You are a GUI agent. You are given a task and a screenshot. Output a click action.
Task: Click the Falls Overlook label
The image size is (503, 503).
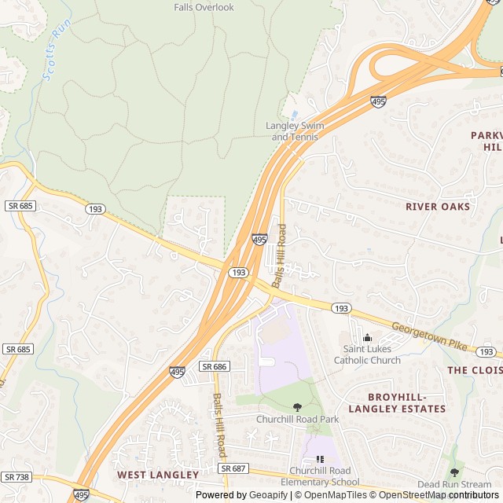[204, 7]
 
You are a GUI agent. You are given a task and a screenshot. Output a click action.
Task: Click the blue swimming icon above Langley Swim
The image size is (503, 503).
[295, 115]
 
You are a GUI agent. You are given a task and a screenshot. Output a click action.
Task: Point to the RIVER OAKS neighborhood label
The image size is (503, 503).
[438, 207]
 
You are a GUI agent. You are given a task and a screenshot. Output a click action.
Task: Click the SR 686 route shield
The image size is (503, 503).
[214, 366]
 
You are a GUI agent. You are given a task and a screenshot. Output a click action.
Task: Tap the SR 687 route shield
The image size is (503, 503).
[233, 468]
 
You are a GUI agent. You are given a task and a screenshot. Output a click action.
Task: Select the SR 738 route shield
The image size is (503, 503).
[17, 477]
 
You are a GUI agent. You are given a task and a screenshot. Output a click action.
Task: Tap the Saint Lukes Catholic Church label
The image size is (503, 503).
[367, 355]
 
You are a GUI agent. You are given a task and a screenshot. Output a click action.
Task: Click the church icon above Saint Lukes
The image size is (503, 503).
[367, 338]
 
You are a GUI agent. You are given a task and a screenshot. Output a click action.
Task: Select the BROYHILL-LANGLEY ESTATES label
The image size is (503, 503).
[397, 402]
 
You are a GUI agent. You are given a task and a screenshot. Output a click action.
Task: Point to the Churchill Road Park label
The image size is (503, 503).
[297, 419]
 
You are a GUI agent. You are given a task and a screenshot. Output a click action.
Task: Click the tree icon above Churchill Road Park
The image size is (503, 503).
[297, 406]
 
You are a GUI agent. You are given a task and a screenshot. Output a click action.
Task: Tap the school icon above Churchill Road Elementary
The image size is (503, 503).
[319, 459]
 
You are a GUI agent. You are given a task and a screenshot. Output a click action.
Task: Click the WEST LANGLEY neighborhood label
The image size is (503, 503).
[158, 475]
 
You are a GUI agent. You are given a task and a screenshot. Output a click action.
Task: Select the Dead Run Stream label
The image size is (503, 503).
[454, 484]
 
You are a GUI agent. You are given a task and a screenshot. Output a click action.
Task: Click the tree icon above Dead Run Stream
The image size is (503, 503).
[454, 472]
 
